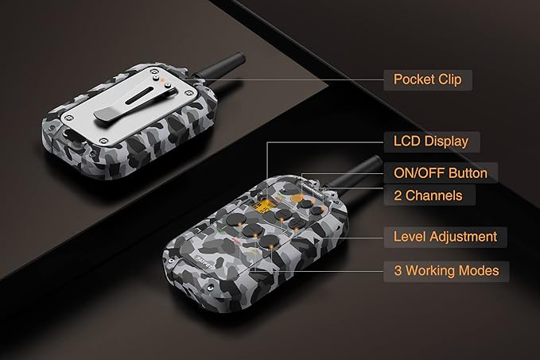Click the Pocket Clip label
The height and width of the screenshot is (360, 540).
[427, 79]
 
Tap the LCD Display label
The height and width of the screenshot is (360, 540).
[431, 141]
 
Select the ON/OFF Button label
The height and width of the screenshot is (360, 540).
[441, 172]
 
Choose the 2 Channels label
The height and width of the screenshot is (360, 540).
[428, 195]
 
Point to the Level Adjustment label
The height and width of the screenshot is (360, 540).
[445, 237]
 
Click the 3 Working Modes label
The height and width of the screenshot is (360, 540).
[446, 271]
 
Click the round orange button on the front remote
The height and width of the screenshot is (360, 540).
[296, 198]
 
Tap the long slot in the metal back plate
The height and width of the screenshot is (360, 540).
[139, 96]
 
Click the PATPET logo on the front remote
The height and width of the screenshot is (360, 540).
[204, 262]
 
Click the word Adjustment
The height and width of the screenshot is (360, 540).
[463, 237]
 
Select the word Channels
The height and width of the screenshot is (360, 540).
[433, 195]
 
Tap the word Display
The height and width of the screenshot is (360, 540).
[446, 142]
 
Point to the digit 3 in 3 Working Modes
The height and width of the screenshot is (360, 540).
[398, 271]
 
